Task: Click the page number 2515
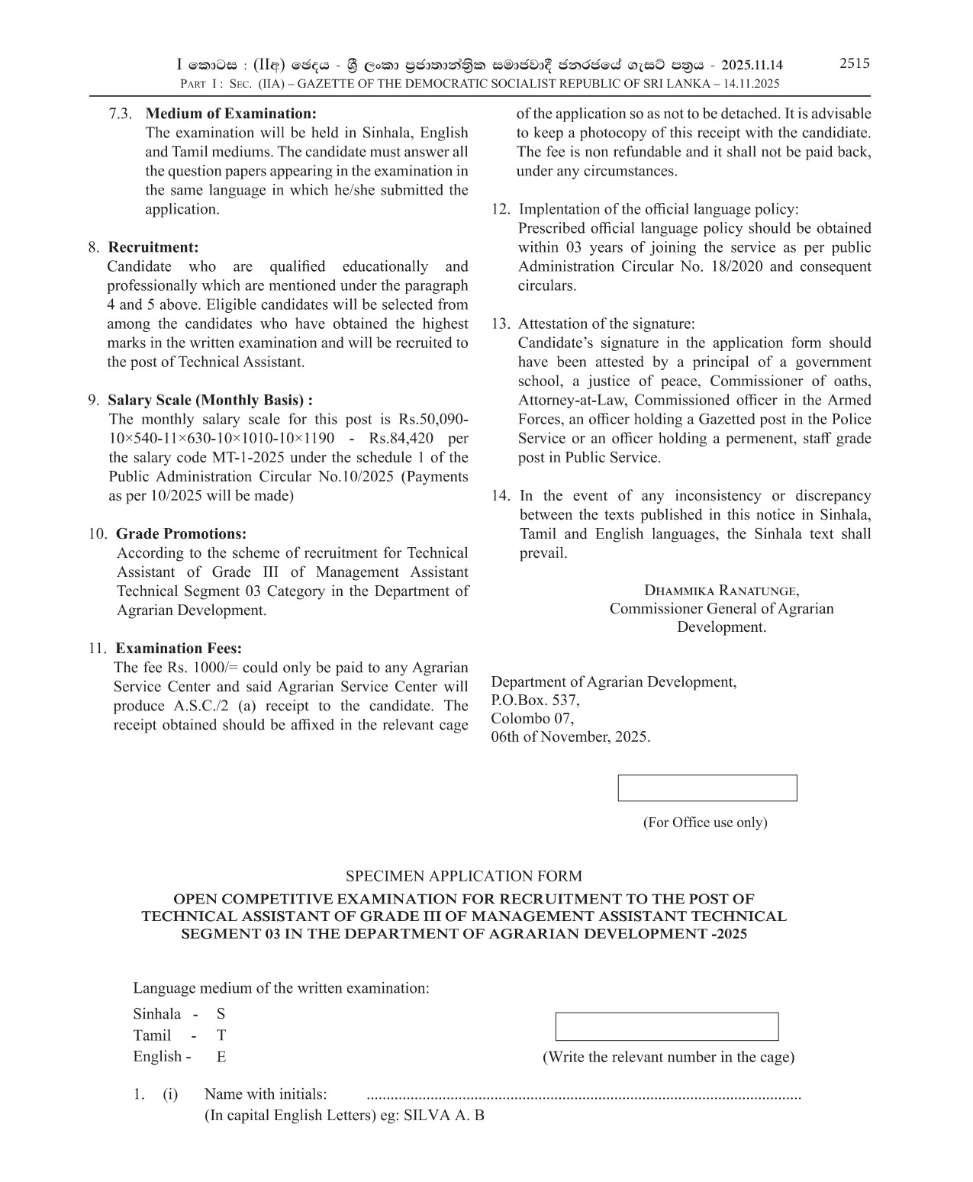coord(854,63)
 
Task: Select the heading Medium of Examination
coord(230,114)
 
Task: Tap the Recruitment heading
coord(153,247)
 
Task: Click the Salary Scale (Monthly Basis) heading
coord(210,400)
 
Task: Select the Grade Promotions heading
coord(181,533)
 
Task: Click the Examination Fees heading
coord(179,649)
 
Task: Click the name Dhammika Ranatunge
coord(721,590)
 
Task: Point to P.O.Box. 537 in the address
coord(535,701)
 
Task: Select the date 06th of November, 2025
coord(570,737)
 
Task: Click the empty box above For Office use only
coord(707,788)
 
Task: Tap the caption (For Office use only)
coord(705,822)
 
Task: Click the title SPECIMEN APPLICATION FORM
coord(463,876)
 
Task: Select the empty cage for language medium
coord(666,1026)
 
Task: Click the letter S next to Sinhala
coord(221,1014)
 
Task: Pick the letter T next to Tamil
coord(221,1035)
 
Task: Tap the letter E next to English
coord(221,1057)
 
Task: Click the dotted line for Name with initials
coord(584,1097)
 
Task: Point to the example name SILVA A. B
coord(443,1115)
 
